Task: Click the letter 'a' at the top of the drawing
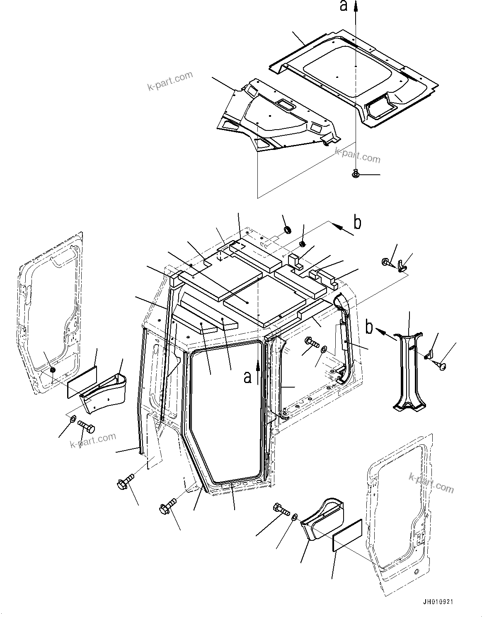(344, 7)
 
